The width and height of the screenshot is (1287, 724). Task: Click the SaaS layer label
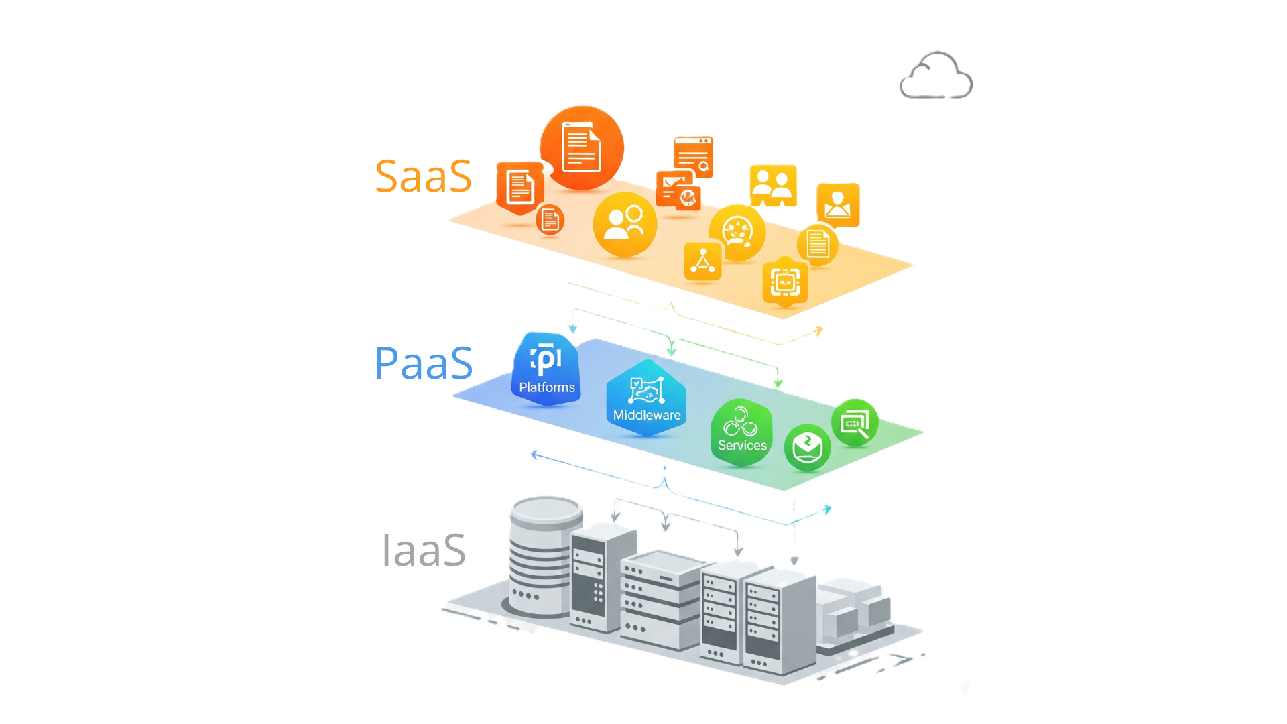pos(423,176)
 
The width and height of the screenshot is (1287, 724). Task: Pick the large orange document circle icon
pos(582,148)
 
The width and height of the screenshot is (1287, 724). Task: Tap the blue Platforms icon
pos(546,369)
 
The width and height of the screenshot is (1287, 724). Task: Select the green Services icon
pos(741,432)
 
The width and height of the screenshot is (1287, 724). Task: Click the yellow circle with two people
pos(625,224)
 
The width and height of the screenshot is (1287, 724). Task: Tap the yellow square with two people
pos(773,185)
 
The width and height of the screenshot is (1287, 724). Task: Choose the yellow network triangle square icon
pos(702,261)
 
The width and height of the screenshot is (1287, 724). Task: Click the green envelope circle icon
pos(807,447)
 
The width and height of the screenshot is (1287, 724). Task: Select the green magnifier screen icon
pos(855,423)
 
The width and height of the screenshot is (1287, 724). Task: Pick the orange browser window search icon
pos(693,156)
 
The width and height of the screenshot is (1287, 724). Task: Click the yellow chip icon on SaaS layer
pos(785,282)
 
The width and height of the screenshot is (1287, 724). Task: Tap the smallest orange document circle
pos(550,220)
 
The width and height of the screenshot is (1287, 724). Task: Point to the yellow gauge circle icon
pos(737,233)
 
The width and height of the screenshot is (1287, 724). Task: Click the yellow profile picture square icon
pos(838,204)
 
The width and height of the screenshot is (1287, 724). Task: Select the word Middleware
pos(647,415)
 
